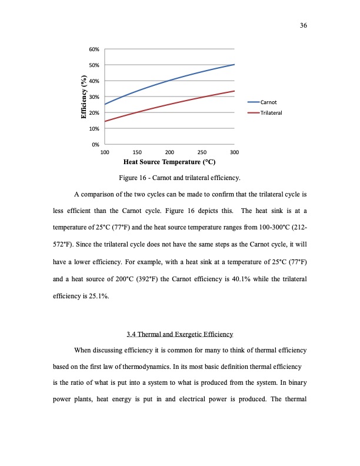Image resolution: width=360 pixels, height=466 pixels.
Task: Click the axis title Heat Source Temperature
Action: click(x=169, y=161)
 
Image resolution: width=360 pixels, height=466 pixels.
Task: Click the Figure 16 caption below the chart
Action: click(x=180, y=177)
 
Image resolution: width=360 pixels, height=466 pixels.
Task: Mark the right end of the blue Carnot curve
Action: click(x=234, y=64)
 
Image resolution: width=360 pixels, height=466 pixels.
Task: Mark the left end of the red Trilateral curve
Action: click(x=105, y=121)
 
